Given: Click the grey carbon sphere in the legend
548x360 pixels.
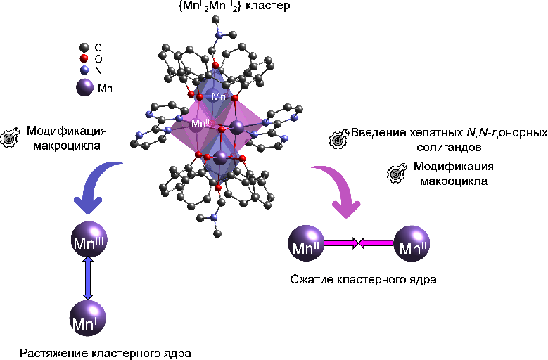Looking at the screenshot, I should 84,47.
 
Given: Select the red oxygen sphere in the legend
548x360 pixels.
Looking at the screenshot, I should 84,58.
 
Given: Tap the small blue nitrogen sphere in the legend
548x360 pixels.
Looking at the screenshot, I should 84,70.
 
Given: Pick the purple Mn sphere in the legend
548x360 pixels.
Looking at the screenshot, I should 85,88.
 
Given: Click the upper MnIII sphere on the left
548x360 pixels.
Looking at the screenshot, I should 88,243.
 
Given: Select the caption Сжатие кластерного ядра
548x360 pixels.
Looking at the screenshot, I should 363,280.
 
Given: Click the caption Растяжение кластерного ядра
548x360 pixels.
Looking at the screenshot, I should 105,352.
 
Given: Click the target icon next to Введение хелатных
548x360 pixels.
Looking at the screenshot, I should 339,139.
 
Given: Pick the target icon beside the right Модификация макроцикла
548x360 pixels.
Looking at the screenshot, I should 398,173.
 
